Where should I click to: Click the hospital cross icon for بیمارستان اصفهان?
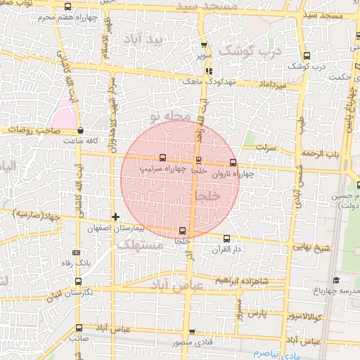click(115, 217)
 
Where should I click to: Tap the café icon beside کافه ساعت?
click(80, 131)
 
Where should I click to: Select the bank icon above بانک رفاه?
click(77, 252)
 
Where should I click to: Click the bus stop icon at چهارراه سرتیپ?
click(163, 158)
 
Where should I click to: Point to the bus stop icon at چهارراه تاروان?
click(233, 162)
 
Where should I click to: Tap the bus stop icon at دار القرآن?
click(226, 238)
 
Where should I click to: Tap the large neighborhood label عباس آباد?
click(176, 283)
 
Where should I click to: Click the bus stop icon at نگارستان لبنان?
click(77, 282)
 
